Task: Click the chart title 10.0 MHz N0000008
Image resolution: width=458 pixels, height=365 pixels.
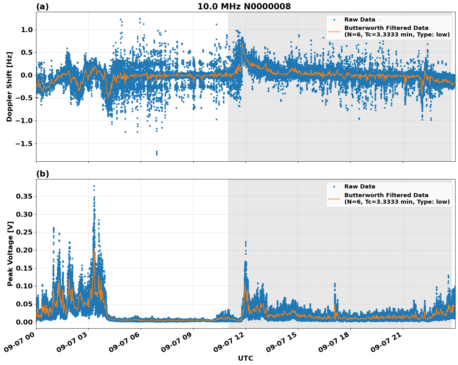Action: [244, 7]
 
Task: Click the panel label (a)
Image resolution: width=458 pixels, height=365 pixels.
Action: [42, 7]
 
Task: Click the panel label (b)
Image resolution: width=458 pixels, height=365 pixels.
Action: [42, 174]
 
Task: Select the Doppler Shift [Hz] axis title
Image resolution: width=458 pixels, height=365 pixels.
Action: [9, 87]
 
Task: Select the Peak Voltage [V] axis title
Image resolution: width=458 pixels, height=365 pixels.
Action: [10, 254]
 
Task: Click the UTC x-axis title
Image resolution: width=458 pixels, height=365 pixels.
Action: [245, 358]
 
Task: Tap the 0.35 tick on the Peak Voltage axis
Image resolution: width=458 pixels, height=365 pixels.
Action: [24, 196]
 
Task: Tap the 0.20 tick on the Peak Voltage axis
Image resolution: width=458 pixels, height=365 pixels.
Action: [24, 250]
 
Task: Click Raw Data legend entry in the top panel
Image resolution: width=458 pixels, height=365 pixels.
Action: [360, 20]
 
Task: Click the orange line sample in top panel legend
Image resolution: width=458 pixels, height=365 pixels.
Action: [334, 31]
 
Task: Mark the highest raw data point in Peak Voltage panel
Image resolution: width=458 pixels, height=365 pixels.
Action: [94, 186]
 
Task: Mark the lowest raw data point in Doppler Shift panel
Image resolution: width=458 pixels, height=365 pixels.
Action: [157, 154]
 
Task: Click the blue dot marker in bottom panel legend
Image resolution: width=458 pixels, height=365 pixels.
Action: [334, 187]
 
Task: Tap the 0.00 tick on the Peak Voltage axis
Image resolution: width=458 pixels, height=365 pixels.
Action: [24, 322]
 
